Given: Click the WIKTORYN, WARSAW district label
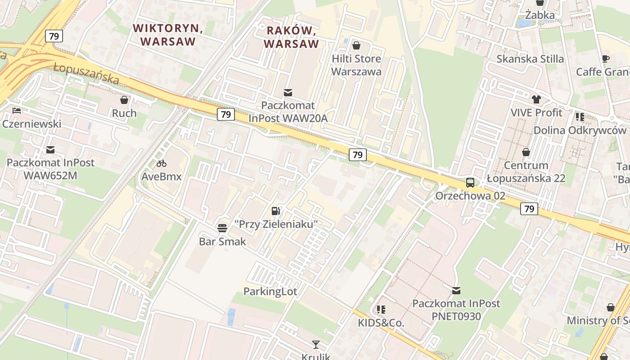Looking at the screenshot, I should (x=168, y=35).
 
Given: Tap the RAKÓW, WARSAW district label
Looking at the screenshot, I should (x=292, y=37).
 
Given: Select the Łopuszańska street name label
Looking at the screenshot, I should (x=86, y=74).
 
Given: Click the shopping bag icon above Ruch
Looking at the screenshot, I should (x=124, y=100).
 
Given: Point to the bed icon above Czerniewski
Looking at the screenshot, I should (x=17, y=111).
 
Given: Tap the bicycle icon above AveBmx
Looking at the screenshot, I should (x=162, y=163).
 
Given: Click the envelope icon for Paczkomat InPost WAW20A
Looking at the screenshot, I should (x=288, y=93).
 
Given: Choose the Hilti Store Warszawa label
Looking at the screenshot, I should (x=356, y=65).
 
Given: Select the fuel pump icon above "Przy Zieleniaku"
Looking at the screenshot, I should (x=276, y=211).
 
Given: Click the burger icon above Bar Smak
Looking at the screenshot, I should (x=222, y=228).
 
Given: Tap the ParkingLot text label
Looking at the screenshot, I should (x=270, y=292).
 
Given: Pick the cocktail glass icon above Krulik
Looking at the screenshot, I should (x=316, y=345).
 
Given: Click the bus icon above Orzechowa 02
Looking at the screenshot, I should (x=470, y=183).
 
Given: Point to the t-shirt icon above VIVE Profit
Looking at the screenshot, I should (x=536, y=99).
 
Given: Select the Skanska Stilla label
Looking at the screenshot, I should (x=530, y=59).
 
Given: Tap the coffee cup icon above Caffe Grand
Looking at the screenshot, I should (x=606, y=58).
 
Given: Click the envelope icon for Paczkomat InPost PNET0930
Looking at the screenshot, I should (x=456, y=291).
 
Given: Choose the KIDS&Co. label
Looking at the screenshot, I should (x=381, y=323).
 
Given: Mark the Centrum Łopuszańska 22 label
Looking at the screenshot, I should (x=526, y=172).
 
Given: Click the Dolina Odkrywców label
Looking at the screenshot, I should (x=580, y=130).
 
